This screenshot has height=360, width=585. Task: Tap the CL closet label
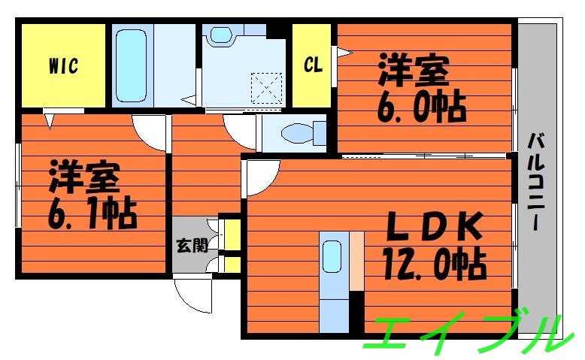[313, 65]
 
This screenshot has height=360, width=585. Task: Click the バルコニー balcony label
[536, 181]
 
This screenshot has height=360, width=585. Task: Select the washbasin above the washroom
[222, 34]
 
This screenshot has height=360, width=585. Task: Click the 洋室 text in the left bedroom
[84, 178]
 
